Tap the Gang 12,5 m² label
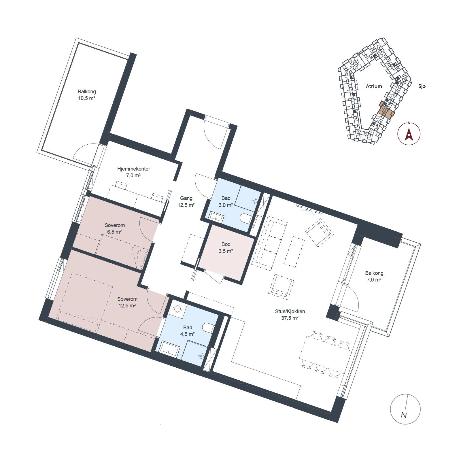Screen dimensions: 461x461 [x=186, y=202]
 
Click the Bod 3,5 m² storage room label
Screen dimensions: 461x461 [x=226, y=248]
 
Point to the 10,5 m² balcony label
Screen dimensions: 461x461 [x=87, y=95]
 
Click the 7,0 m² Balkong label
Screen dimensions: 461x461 [x=374, y=276]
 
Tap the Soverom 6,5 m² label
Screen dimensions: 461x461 [x=114, y=228]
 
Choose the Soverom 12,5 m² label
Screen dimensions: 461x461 [x=127, y=302]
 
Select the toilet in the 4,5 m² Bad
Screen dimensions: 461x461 [x=209, y=328]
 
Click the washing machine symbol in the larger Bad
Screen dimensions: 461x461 [x=178, y=308]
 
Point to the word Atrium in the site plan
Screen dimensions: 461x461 [x=374, y=86]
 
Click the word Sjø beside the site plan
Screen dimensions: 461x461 [x=422, y=86]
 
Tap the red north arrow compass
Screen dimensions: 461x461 [x=409, y=133]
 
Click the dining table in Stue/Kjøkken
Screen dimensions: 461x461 [x=326, y=355]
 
